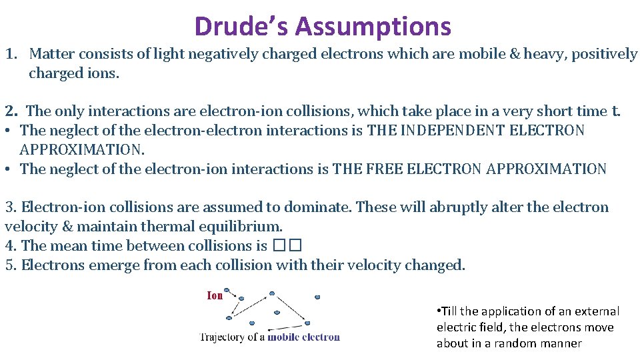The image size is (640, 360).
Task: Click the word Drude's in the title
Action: click(x=241, y=27)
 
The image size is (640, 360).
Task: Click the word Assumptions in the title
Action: click(x=373, y=27)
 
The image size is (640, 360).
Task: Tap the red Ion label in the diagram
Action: click(x=215, y=295)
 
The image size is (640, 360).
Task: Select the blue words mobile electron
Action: click(x=304, y=337)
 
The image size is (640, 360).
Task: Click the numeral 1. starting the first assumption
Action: click(x=11, y=54)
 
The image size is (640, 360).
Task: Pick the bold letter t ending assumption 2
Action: click(x=615, y=111)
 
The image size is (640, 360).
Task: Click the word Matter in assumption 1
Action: click(x=51, y=54)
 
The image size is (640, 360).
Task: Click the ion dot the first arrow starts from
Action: click(x=227, y=291)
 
